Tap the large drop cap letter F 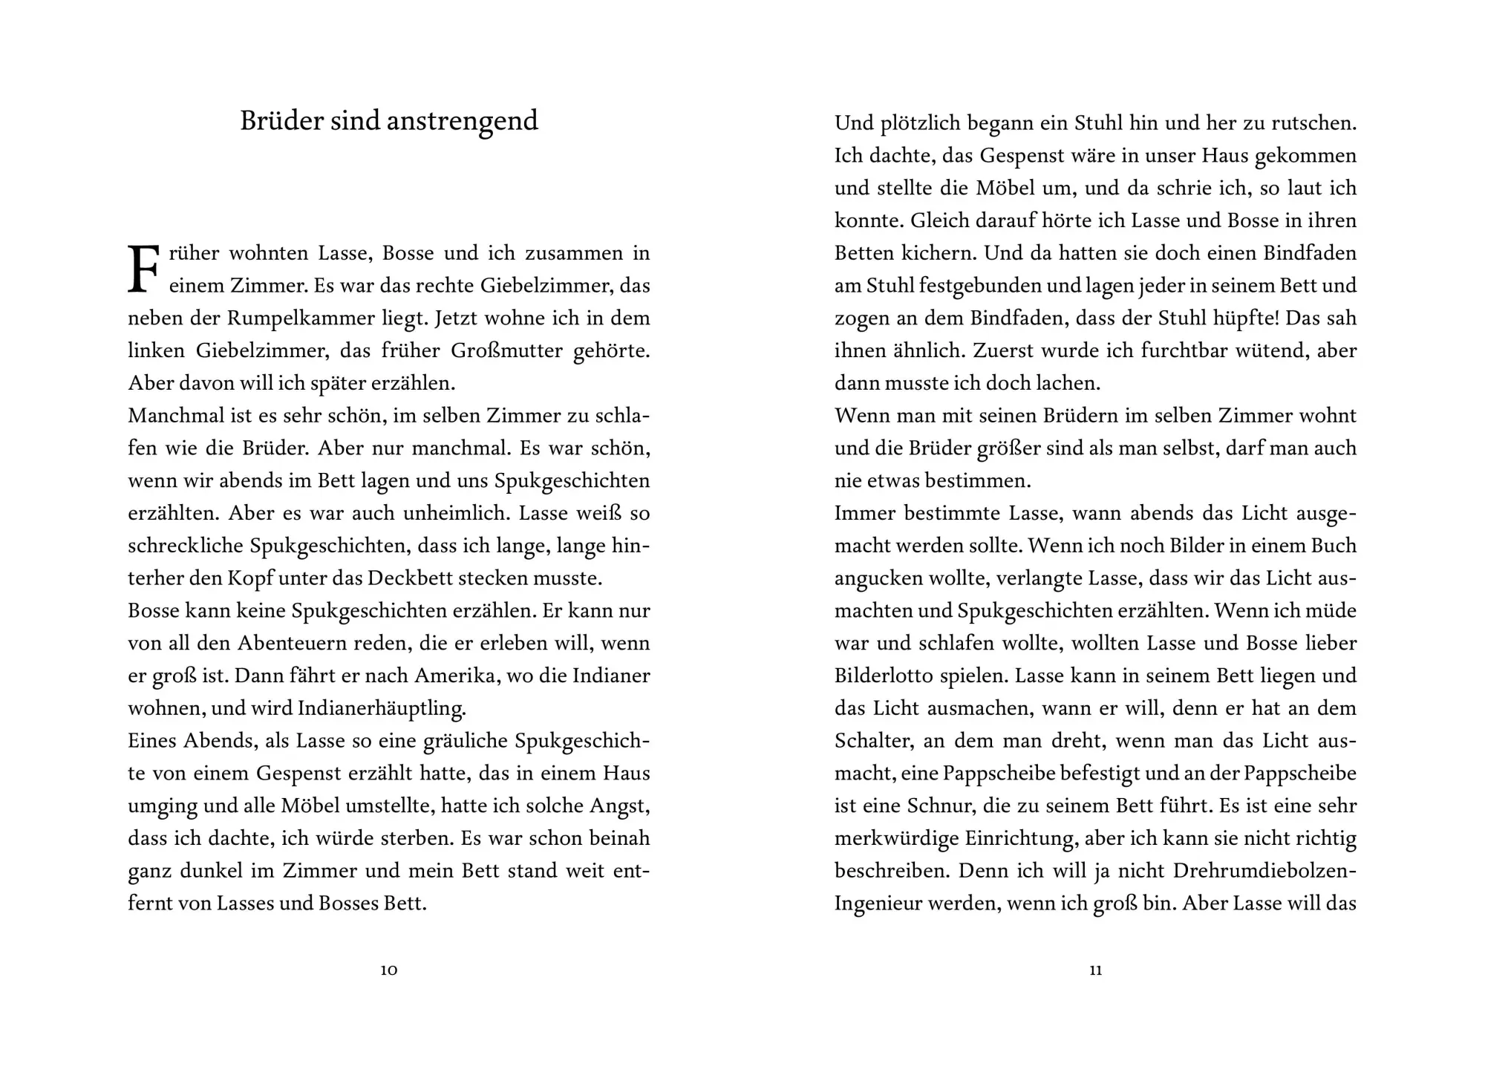click(x=143, y=269)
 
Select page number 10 click(x=389, y=970)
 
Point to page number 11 click(x=1095, y=970)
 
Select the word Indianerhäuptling click(x=382, y=709)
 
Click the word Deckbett click(x=411, y=578)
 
